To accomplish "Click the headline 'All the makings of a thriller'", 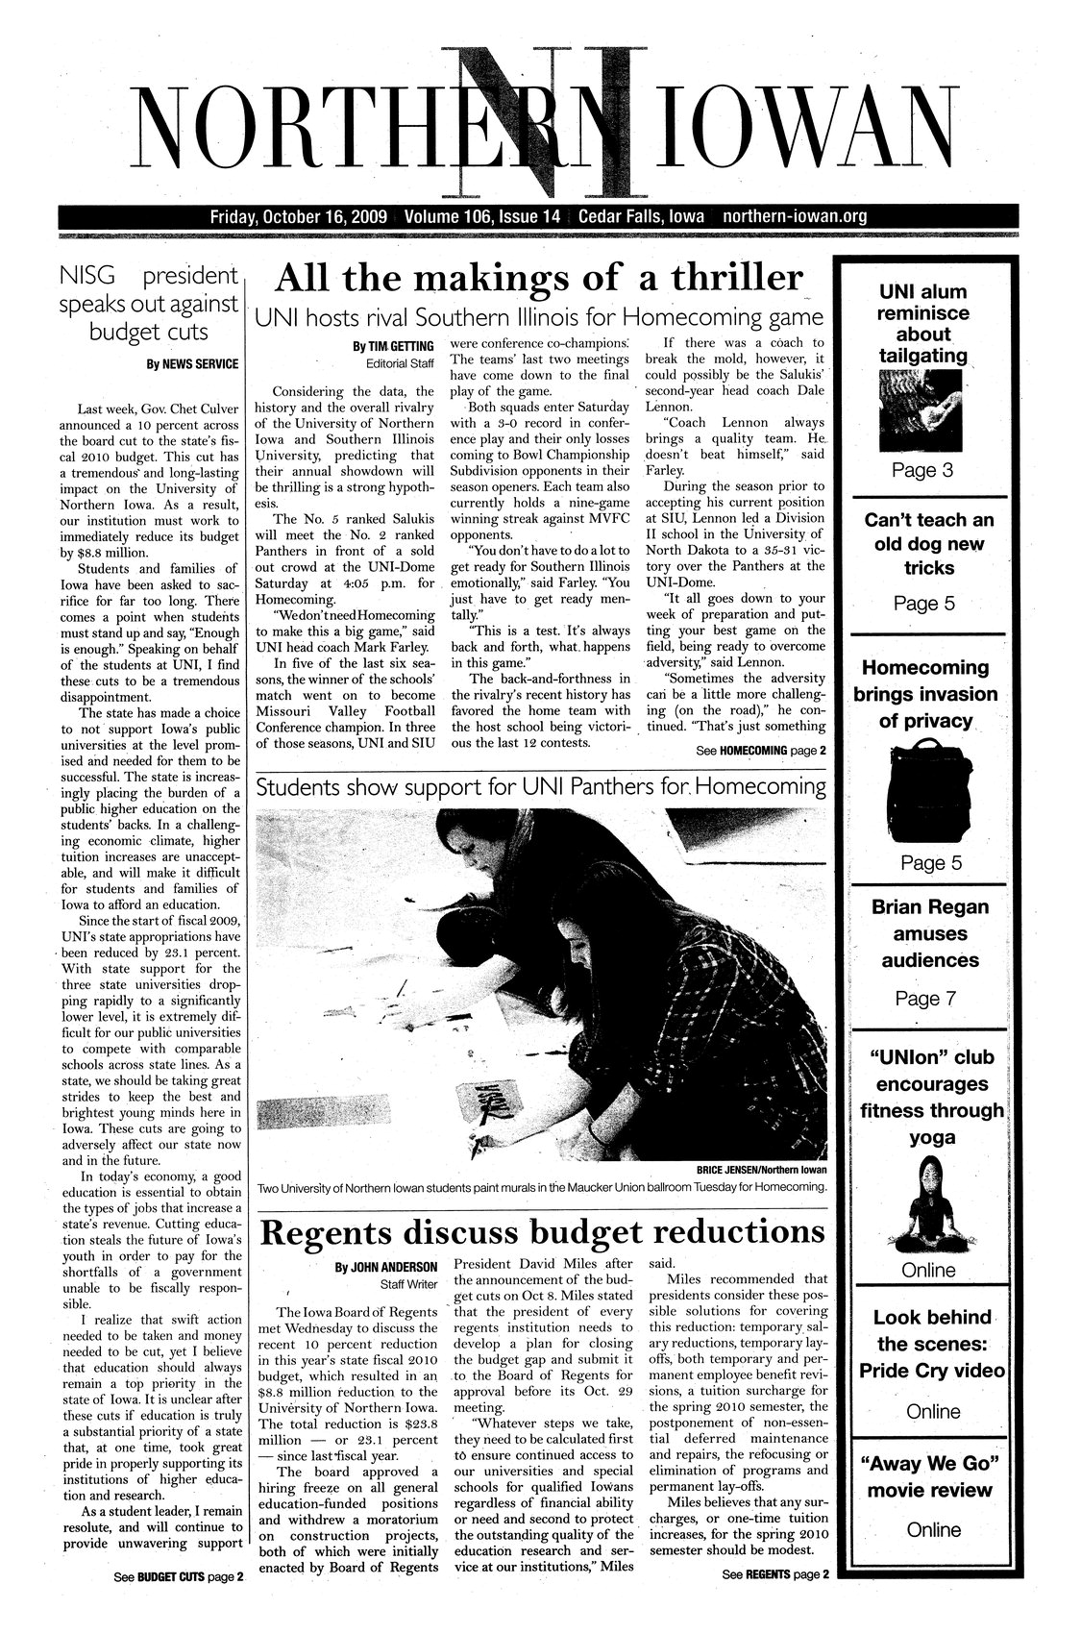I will click(538, 280).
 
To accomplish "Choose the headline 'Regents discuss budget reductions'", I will click(544, 1232).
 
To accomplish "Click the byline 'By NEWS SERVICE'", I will click(191, 365).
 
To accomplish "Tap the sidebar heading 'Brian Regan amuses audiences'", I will click(929, 933).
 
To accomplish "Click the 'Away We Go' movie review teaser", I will click(930, 1477).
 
